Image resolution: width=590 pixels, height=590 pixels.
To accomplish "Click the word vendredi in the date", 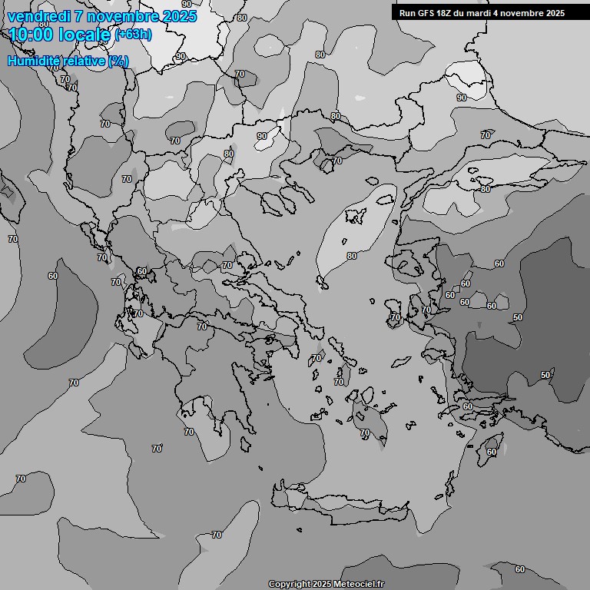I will pyautogui.click(x=37, y=17).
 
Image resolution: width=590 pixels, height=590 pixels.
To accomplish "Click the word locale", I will pyautogui.click(x=87, y=35).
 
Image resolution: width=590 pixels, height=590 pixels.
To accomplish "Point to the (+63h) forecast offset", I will pyautogui.click(x=133, y=35).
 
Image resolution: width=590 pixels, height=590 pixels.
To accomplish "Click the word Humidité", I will pyautogui.click(x=34, y=61).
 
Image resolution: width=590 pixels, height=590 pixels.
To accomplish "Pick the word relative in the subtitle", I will pyautogui.click(x=85, y=61).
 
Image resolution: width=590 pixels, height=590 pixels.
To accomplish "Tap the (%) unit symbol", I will pyautogui.click(x=118, y=61).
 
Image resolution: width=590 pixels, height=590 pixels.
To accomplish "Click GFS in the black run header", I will pyautogui.click(x=426, y=13).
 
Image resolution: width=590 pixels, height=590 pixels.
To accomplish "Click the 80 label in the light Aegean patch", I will pyautogui.click(x=351, y=256).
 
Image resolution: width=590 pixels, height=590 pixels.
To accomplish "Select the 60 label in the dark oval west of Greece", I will pyautogui.click(x=53, y=276).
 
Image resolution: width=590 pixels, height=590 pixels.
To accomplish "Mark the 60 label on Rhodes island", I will pyautogui.click(x=492, y=452).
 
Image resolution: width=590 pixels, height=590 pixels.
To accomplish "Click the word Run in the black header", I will pyautogui.click(x=407, y=13).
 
